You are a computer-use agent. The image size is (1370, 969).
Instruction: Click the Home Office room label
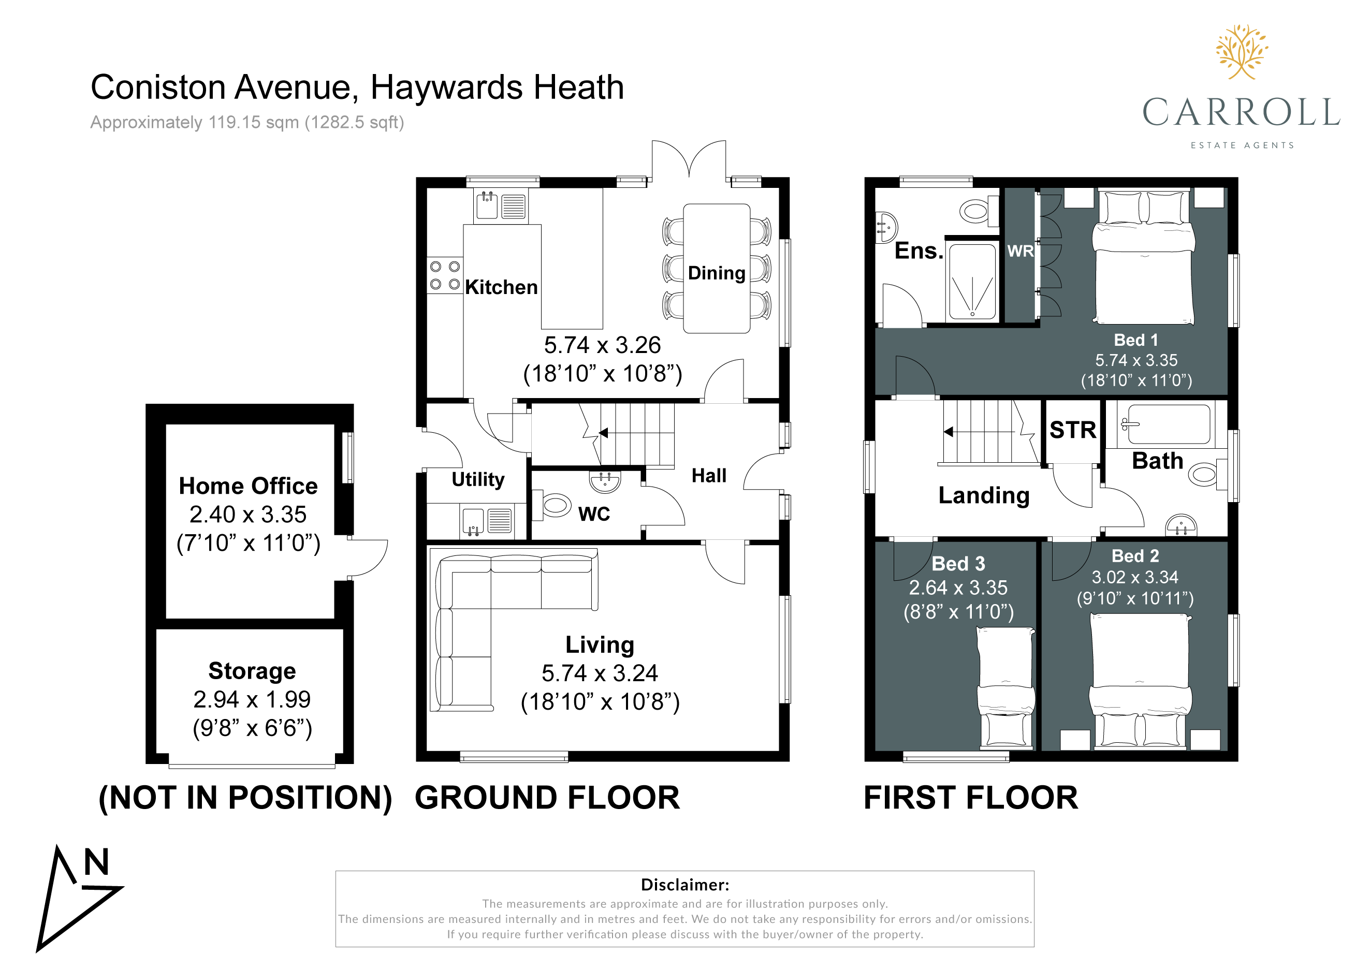click(x=248, y=486)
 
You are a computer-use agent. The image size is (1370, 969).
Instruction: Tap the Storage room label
click(x=252, y=671)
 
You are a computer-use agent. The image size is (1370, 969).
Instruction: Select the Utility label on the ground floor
click(x=478, y=479)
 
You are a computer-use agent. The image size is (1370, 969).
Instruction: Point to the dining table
click(x=717, y=269)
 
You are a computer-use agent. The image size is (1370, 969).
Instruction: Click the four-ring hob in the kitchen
click(x=445, y=275)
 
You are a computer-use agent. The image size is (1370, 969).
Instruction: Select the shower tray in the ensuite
click(x=972, y=282)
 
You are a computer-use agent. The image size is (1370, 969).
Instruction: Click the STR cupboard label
click(x=1073, y=430)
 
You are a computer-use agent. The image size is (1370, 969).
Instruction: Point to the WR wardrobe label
click(x=1021, y=251)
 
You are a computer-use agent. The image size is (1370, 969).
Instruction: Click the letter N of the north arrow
click(x=96, y=862)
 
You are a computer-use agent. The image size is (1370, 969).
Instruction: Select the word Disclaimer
click(x=684, y=885)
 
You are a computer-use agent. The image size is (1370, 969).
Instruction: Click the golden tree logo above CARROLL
click(x=1242, y=52)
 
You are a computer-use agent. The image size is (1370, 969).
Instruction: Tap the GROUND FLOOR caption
click(x=547, y=798)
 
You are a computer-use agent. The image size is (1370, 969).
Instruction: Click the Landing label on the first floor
click(x=984, y=496)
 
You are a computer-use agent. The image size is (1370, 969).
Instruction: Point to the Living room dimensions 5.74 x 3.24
click(x=600, y=673)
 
